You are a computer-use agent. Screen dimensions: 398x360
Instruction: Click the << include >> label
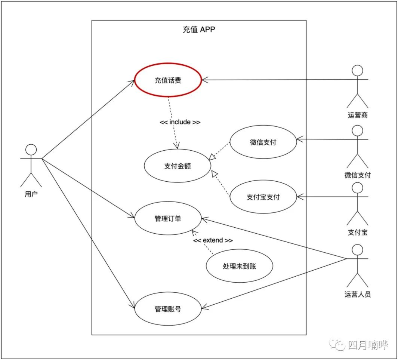(x=180, y=122)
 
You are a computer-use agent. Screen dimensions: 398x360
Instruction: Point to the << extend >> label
(x=213, y=240)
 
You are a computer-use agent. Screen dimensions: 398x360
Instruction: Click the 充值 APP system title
(x=199, y=30)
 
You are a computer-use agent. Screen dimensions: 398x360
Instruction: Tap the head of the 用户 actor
(x=31, y=150)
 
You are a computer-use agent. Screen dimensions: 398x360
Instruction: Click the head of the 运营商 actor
(x=357, y=71)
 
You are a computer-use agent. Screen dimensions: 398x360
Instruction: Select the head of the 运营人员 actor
(x=357, y=250)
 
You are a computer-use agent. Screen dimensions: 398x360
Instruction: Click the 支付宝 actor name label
(x=357, y=232)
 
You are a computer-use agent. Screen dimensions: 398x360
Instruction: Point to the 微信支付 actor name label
(x=357, y=175)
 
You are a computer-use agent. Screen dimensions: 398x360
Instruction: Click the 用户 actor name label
(x=31, y=194)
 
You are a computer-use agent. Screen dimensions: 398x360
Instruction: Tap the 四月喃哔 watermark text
(x=368, y=345)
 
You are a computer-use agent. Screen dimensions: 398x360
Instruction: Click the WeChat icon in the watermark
(x=337, y=345)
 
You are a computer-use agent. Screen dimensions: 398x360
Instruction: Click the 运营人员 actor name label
(x=357, y=294)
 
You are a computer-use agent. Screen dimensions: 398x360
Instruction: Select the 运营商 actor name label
(x=357, y=115)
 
